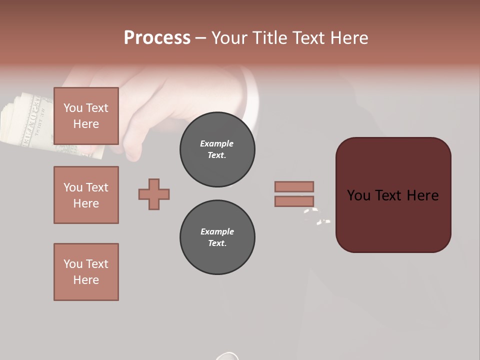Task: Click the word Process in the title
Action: (157, 37)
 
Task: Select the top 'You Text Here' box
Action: (86, 116)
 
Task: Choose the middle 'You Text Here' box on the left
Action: (86, 195)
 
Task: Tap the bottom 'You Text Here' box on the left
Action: (86, 272)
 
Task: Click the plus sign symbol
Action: (154, 194)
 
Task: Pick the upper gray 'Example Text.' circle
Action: (217, 149)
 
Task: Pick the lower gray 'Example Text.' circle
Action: (217, 237)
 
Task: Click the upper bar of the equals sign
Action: (294, 186)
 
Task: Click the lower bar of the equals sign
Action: (294, 201)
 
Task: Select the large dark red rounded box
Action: (393, 195)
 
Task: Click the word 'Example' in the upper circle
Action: (217, 143)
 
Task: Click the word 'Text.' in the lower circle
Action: (217, 243)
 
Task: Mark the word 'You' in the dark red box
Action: (359, 195)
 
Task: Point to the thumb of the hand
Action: (130, 145)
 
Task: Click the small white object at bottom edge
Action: (227, 356)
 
